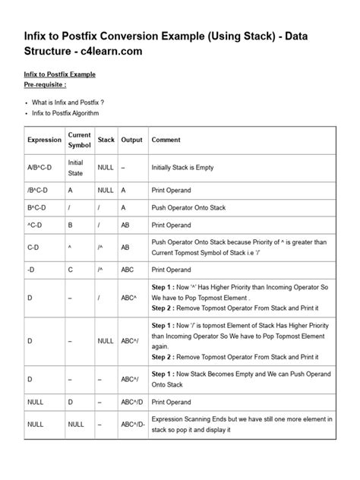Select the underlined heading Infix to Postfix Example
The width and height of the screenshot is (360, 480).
[x=61, y=74]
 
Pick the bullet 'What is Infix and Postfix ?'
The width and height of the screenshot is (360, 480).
[x=69, y=102]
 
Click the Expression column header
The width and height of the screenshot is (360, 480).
[x=45, y=141]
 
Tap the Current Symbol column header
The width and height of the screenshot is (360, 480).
[x=80, y=141]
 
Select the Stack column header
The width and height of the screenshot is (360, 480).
[x=106, y=141]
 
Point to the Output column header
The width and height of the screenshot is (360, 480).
[x=131, y=141]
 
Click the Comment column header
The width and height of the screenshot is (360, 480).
[x=166, y=141]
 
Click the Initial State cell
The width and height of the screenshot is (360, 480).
[x=76, y=167]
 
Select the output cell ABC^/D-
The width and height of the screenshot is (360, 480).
[x=134, y=425]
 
